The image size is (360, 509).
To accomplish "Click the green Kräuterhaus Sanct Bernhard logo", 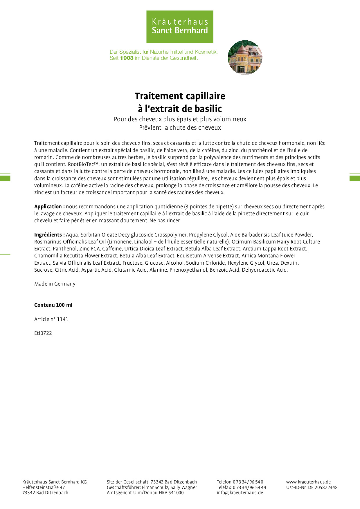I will pos(180,27).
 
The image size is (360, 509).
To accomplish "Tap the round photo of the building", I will pos(245,57).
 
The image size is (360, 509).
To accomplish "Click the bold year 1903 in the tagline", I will pos(127,58).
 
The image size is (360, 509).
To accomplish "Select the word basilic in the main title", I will pos(208,109).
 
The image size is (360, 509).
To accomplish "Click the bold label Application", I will pos(48,207).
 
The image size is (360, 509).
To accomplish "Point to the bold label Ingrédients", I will pos(48,235).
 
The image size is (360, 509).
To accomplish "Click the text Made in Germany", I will pos(55,284).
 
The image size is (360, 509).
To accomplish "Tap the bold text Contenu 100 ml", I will pos(53,305).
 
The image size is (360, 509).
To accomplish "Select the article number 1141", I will pos(62,319).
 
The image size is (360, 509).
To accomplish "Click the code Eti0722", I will pos(43,333).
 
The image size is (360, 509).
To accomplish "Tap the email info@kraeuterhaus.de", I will pos(240,492).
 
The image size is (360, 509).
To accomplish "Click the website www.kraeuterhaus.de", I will pos(308,482).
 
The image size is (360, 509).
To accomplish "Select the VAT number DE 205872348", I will pos(323,488).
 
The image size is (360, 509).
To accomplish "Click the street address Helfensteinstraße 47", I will pos(44,488).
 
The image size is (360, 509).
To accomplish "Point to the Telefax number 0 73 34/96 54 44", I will pos(249,488).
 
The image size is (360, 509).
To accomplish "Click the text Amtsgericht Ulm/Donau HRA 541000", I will pos(145,492).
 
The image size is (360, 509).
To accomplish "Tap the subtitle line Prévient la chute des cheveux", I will pos(180,128).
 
